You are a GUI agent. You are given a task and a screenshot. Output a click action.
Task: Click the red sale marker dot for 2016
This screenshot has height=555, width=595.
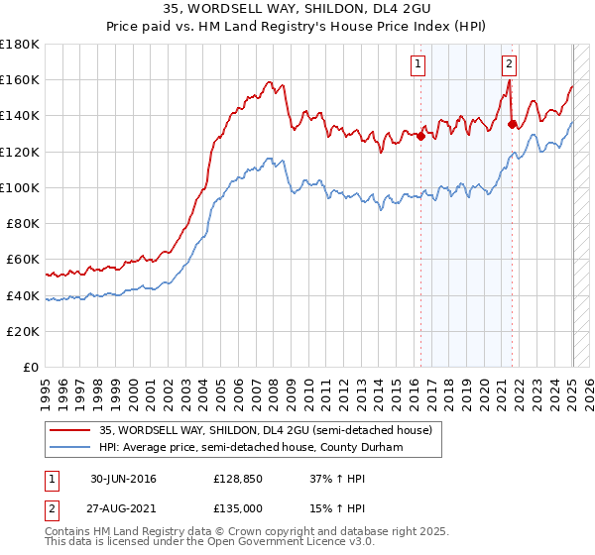point(420,137)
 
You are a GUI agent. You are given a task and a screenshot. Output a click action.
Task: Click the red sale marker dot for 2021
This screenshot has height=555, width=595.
point(512,125)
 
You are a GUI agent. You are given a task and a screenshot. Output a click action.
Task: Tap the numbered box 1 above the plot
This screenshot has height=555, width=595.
point(417,65)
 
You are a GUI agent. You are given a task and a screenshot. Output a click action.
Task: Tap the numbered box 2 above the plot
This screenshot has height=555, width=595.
point(509,65)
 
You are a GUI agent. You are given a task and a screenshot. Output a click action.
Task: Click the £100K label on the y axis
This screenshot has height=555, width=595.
point(20,187)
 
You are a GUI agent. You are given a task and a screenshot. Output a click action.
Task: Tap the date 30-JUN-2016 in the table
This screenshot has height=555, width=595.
point(123,479)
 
